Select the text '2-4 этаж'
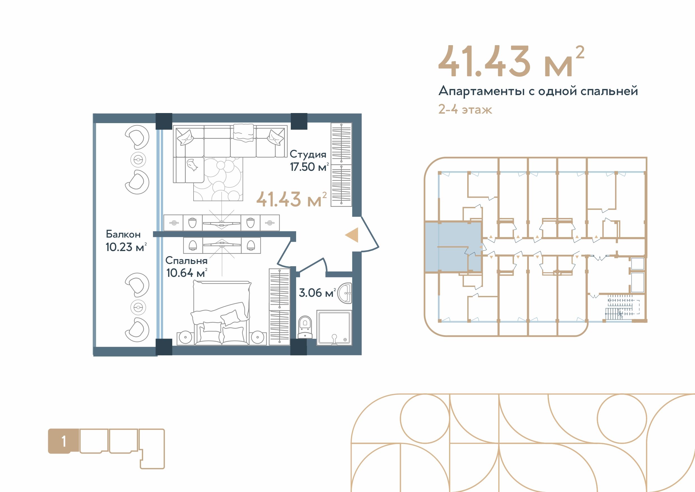[x=465, y=109]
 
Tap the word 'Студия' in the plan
[x=308, y=154]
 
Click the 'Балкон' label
[x=123, y=234]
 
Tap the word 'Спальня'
[x=186, y=261]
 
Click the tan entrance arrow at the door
[x=352, y=235]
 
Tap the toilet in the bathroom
[x=305, y=327]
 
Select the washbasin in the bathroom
[x=345, y=293]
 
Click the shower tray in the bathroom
[x=334, y=327]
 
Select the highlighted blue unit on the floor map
[x=453, y=247]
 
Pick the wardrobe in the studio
[x=341, y=165]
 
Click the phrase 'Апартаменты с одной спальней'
[x=538, y=91]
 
